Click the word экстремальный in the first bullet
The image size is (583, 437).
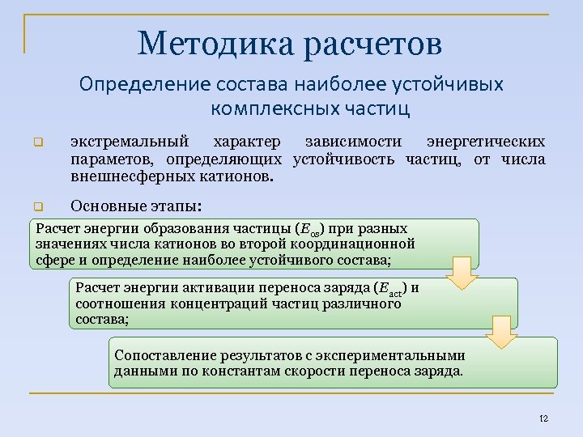pos(130,143)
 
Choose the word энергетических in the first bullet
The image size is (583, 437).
pos(486,143)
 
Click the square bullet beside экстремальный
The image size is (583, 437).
pos(36,144)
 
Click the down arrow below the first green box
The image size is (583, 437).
pos(464,273)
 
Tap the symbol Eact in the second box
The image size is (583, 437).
pos(391,288)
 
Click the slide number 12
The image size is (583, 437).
pos(543,418)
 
